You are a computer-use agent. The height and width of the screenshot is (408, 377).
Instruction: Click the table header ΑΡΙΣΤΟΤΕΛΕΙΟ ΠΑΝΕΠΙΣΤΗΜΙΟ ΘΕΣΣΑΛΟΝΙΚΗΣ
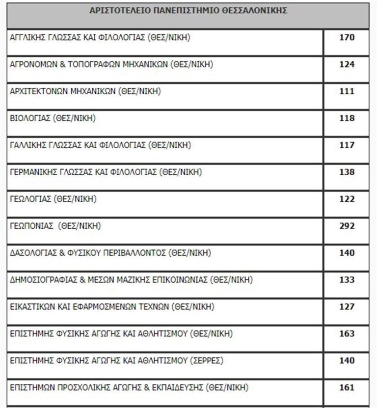(x=188, y=10)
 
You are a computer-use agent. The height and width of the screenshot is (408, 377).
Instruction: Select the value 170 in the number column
(x=347, y=37)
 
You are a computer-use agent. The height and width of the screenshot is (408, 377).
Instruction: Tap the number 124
(x=347, y=64)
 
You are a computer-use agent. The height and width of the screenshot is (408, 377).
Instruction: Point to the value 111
(x=347, y=91)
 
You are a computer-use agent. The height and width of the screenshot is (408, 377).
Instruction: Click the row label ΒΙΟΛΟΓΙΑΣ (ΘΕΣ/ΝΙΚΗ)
(x=53, y=118)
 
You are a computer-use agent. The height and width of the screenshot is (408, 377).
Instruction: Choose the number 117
(x=347, y=145)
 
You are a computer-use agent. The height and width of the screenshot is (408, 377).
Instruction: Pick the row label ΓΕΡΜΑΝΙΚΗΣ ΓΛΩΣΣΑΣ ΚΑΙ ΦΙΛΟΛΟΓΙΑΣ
(x=106, y=172)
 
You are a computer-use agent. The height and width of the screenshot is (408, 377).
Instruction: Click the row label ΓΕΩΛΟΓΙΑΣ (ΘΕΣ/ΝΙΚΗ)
(x=53, y=199)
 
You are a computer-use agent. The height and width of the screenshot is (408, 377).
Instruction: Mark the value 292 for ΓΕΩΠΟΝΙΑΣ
(x=347, y=226)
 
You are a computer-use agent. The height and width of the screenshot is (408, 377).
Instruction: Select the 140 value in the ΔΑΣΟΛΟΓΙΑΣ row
(x=347, y=253)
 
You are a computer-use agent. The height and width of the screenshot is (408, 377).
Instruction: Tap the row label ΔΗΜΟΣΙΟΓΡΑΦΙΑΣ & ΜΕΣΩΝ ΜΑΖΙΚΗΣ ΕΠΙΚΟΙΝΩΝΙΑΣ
(x=131, y=280)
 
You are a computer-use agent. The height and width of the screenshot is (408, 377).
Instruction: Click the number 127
(x=347, y=307)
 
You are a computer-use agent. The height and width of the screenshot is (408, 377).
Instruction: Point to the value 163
(x=347, y=334)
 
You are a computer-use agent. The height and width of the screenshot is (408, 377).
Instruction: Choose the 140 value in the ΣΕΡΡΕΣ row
(x=347, y=361)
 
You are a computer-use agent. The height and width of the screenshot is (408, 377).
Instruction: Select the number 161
(x=347, y=388)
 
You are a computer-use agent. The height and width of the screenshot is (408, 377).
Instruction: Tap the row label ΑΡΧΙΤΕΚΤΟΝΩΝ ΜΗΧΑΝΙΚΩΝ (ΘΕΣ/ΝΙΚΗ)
(x=85, y=91)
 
